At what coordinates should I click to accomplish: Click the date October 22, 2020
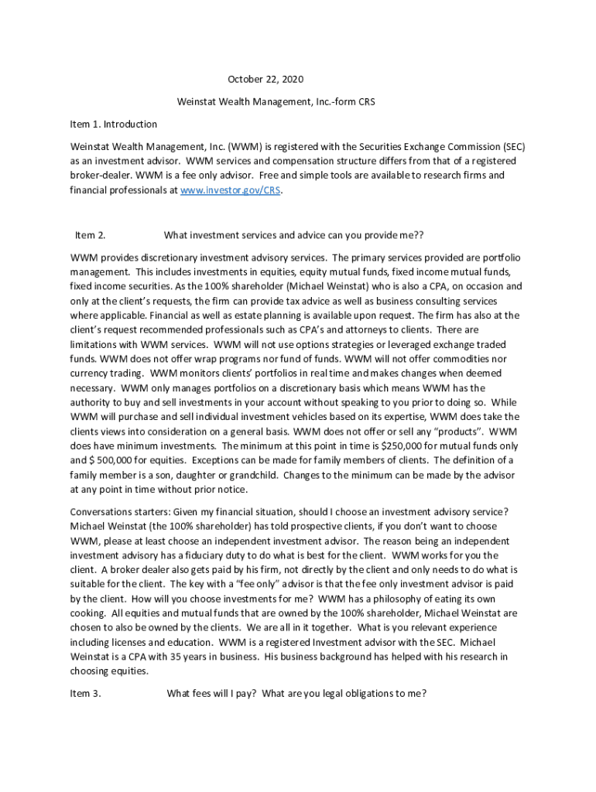pyautogui.click(x=265, y=80)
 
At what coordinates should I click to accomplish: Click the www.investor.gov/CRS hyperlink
pyautogui.click(x=231, y=189)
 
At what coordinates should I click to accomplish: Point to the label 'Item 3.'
pyautogui.click(x=85, y=694)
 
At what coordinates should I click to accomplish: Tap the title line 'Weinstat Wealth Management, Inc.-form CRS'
pyautogui.click(x=276, y=101)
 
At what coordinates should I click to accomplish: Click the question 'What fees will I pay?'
pyautogui.click(x=212, y=694)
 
